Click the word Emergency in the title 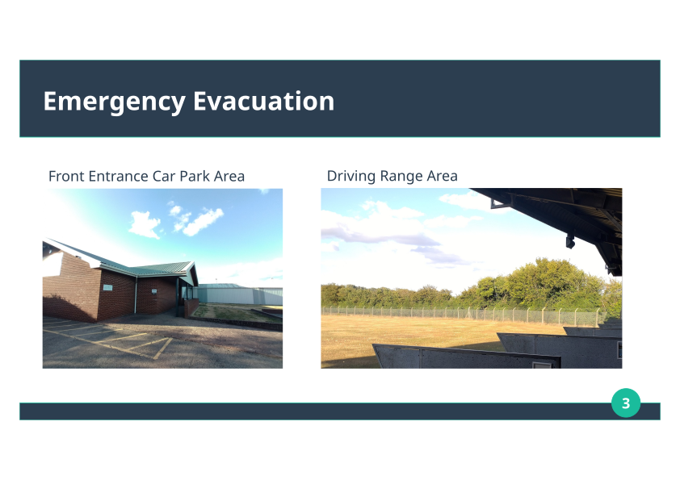115,102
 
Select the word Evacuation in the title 263,101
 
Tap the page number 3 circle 626,403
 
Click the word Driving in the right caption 351,177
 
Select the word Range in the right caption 401,177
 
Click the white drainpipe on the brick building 136,294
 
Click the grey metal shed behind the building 238,294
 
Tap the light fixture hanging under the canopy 570,241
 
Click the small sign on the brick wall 107,287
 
